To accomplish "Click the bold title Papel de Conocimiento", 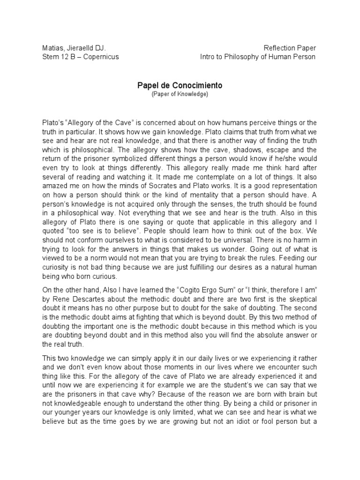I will coord(180,86).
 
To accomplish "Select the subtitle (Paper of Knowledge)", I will coord(180,94).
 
